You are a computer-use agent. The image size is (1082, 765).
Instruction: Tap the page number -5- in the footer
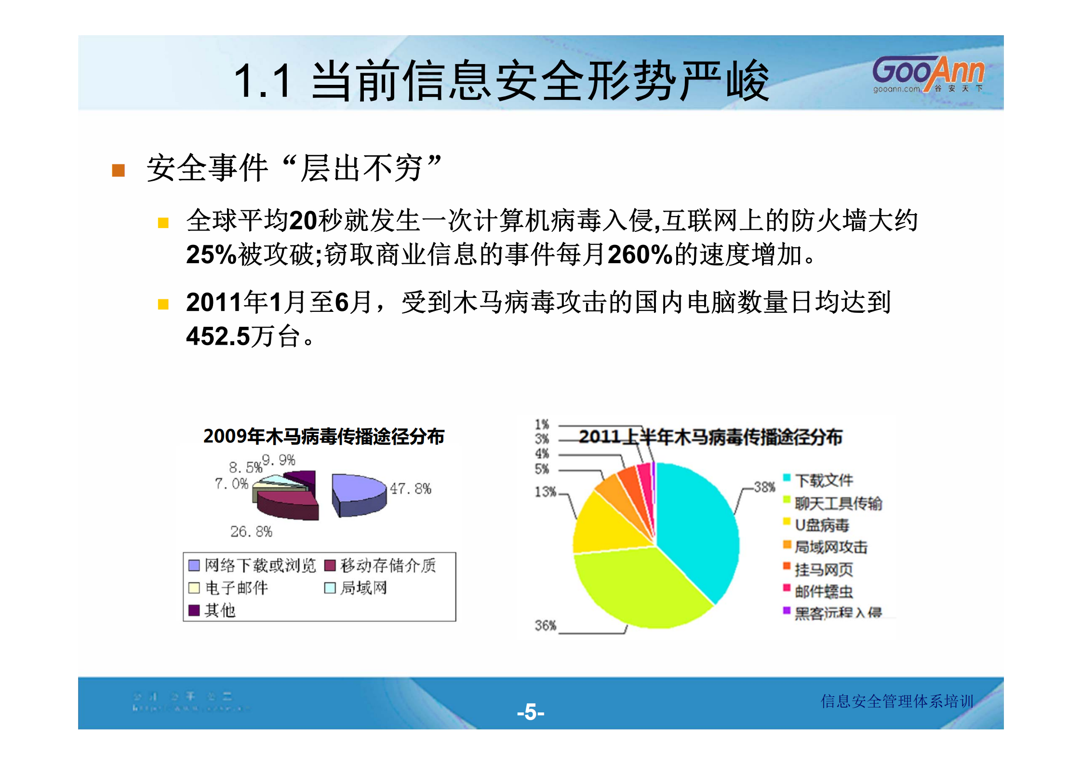pyautogui.click(x=531, y=711)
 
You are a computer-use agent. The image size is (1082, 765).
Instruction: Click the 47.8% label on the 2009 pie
pyautogui.click(x=410, y=489)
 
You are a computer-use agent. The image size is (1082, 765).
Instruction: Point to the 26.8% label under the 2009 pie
pyautogui.click(x=251, y=532)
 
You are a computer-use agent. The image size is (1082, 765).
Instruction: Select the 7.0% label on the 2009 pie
pyautogui.click(x=231, y=483)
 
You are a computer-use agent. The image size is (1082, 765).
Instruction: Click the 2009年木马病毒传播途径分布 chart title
pyautogui.click(x=323, y=436)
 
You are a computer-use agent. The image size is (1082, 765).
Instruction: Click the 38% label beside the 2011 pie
pyautogui.click(x=764, y=487)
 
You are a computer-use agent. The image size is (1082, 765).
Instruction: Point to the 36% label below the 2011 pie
pyautogui.click(x=545, y=625)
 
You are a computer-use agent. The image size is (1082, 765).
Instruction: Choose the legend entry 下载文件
pyautogui.click(x=824, y=480)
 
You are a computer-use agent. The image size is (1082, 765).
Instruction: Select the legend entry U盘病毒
pyautogui.click(x=821, y=524)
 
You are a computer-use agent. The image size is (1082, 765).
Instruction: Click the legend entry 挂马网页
pyautogui.click(x=824, y=569)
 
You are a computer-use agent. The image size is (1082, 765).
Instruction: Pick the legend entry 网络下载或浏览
pyautogui.click(x=260, y=565)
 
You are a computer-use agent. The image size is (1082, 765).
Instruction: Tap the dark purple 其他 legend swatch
pyautogui.click(x=194, y=610)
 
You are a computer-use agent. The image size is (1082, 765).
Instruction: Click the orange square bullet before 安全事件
pyautogui.click(x=119, y=171)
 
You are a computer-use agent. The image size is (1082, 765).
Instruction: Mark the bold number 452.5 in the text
pyautogui.click(x=218, y=336)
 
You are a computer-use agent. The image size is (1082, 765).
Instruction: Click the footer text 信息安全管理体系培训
pyautogui.click(x=897, y=701)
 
